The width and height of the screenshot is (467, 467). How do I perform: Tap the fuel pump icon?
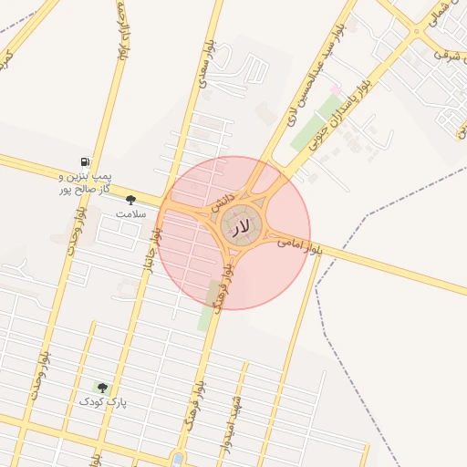(85, 161)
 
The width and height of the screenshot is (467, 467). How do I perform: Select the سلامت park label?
(130, 213)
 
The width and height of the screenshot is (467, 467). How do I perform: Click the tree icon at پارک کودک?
(101, 388)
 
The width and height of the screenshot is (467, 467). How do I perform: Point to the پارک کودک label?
(102, 402)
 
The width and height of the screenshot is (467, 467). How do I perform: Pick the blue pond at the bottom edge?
(177, 459)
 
